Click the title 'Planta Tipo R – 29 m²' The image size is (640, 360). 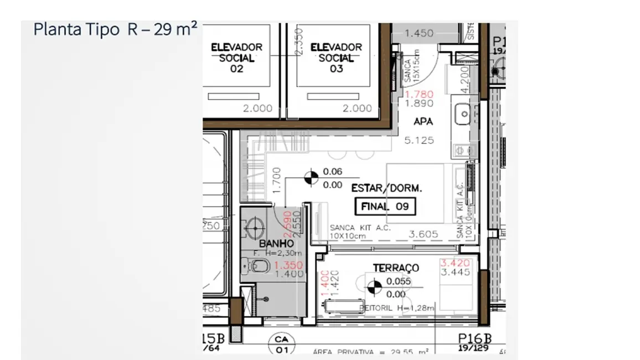click(115, 29)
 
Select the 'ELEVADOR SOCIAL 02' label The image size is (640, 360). click(236, 58)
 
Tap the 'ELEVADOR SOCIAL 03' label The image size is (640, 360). click(336, 58)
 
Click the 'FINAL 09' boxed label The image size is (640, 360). click(385, 207)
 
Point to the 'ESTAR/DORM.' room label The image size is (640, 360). click(386, 188)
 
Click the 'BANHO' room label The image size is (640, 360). click(276, 243)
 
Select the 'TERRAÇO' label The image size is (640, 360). click(396, 268)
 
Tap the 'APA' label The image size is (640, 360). click(423, 122)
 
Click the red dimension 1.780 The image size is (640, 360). click(419, 94)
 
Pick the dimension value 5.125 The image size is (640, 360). click(419, 141)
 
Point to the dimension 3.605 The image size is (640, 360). click(423, 234)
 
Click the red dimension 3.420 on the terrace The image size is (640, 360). click(455, 263)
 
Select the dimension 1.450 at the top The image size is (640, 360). click(419, 33)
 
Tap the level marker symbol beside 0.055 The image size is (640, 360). click(375, 287)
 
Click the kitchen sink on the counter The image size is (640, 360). click(462, 115)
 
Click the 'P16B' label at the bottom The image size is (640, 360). click(474, 339)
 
